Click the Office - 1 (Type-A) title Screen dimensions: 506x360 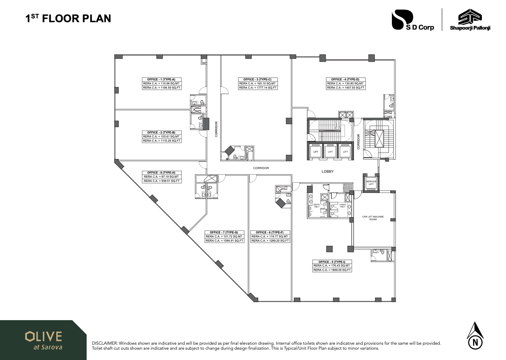[161, 79]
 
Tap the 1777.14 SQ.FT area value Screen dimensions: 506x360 [257, 88]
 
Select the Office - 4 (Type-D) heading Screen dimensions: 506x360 [345, 79]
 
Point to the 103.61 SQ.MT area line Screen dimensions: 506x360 [161, 136]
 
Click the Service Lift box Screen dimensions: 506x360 [371, 183]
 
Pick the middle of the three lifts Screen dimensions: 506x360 [330, 152]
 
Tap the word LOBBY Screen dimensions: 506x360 [328, 172]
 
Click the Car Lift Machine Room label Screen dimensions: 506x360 [373, 218]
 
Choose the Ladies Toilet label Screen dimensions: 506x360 [342, 205]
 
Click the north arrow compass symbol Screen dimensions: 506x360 [475, 336]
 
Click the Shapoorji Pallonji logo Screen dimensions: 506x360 [470, 20]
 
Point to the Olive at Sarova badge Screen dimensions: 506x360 [43, 340]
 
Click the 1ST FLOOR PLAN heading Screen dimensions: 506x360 [68, 18]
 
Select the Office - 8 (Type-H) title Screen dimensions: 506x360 [161, 173]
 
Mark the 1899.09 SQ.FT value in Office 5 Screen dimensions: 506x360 [332, 270]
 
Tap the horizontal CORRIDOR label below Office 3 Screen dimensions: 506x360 [261, 168]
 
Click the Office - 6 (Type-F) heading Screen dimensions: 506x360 [270, 232]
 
